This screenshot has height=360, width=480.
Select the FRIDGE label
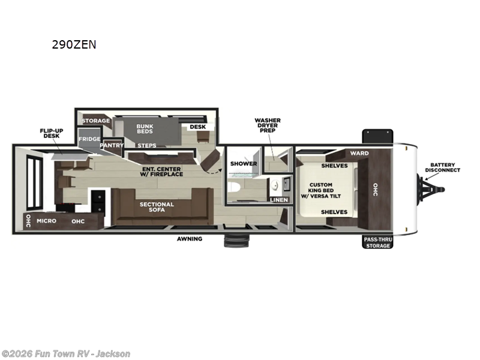tap(89, 139)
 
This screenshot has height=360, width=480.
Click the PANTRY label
tap(112, 145)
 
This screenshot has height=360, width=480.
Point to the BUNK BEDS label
tap(145, 129)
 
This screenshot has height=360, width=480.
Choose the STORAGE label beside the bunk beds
tap(96, 121)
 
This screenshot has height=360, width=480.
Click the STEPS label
tap(147, 145)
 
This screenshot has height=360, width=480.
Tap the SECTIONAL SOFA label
tap(157, 208)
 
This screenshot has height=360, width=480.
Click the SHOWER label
tap(244, 163)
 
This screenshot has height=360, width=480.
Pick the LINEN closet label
tap(279, 199)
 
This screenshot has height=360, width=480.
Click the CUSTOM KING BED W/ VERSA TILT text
tap(325, 190)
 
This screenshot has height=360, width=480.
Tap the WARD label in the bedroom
tap(359, 153)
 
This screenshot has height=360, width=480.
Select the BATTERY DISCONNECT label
tap(442, 167)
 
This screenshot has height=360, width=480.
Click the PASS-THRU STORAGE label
tap(377, 242)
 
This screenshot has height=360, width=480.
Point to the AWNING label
tap(189, 239)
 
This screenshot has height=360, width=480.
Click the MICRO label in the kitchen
tap(46, 221)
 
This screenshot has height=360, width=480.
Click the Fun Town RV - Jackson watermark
tap(66, 354)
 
